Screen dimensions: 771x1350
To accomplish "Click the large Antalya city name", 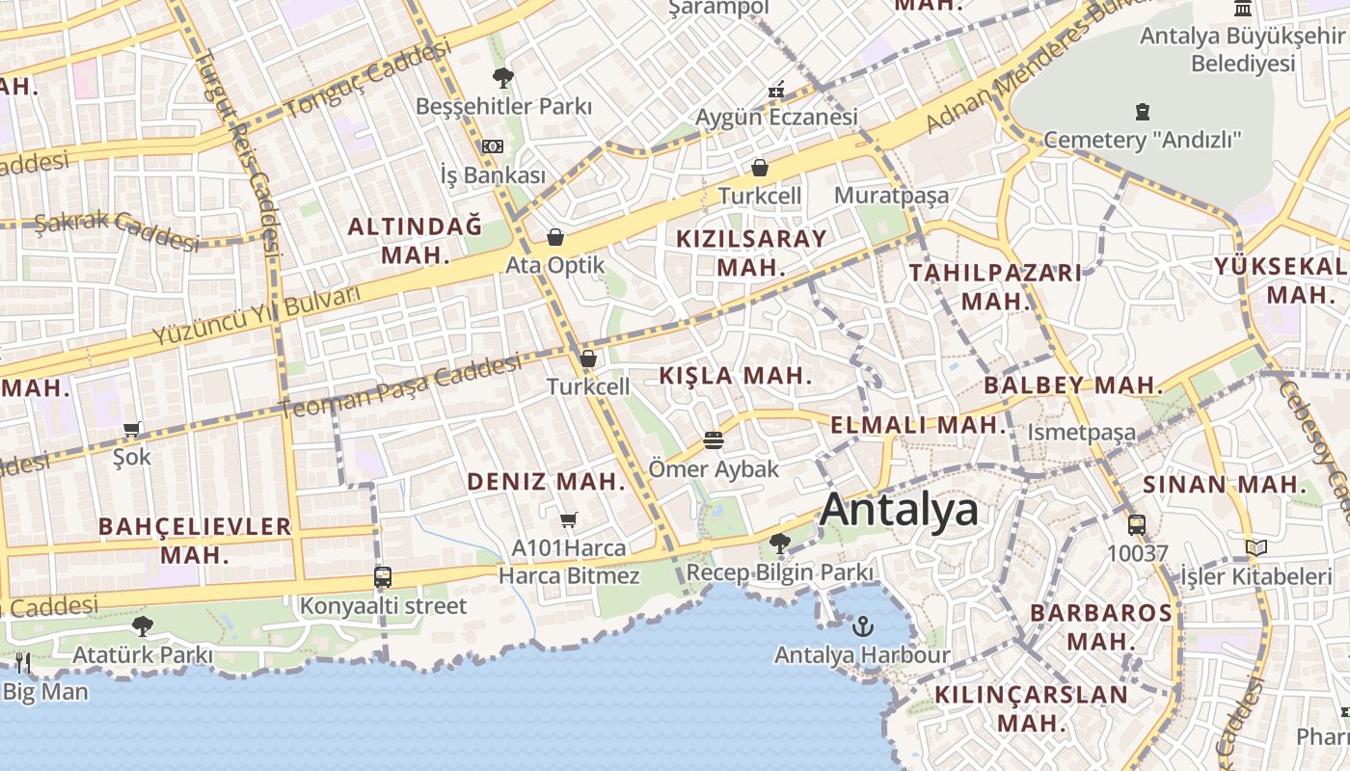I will pyautogui.click(x=899, y=509).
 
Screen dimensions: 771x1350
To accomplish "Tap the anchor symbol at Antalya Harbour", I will pyautogui.click(x=862, y=626).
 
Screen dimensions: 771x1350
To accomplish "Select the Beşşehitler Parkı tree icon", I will pyautogui.click(x=502, y=78).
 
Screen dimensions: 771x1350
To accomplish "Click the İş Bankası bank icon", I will pyautogui.click(x=493, y=146).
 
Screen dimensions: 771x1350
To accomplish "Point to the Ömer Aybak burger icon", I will pyautogui.click(x=714, y=440).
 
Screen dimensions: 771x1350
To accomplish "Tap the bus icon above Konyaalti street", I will pyautogui.click(x=383, y=577).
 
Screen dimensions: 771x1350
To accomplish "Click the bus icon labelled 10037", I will pyautogui.click(x=1137, y=525).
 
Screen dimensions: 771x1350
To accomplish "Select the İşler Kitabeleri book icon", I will pyautogui.click(x=1255, y=548).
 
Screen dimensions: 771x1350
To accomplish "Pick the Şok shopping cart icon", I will pyautogui.click(x=132, y=429).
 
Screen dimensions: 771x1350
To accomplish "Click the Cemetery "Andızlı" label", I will pyautogui.click(x=1143, y=140).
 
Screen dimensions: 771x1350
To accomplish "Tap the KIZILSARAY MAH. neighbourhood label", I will pyautogui.click(x=752, y=253).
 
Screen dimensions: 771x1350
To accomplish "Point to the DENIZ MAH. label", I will pyautogui.click(x=547, y=482).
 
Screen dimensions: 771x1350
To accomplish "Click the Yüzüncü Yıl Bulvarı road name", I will pyautogui.click(x=256, y=316).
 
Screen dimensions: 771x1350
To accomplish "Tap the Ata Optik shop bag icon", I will pyautogui.click(x=555, y=237).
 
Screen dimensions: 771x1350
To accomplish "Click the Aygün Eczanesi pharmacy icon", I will pyautogui.click(x=776, y=92).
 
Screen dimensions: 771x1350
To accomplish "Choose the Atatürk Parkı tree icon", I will pyautogui.click(x=143, y=626).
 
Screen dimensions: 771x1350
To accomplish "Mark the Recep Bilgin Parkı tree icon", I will pyautogui.click(x=779, y=545).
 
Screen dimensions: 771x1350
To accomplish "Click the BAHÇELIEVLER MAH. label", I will pyautogui.click(x=195, y=540).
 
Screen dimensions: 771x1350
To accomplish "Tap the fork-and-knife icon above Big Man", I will pyautogui.click(x=23, y=662).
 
